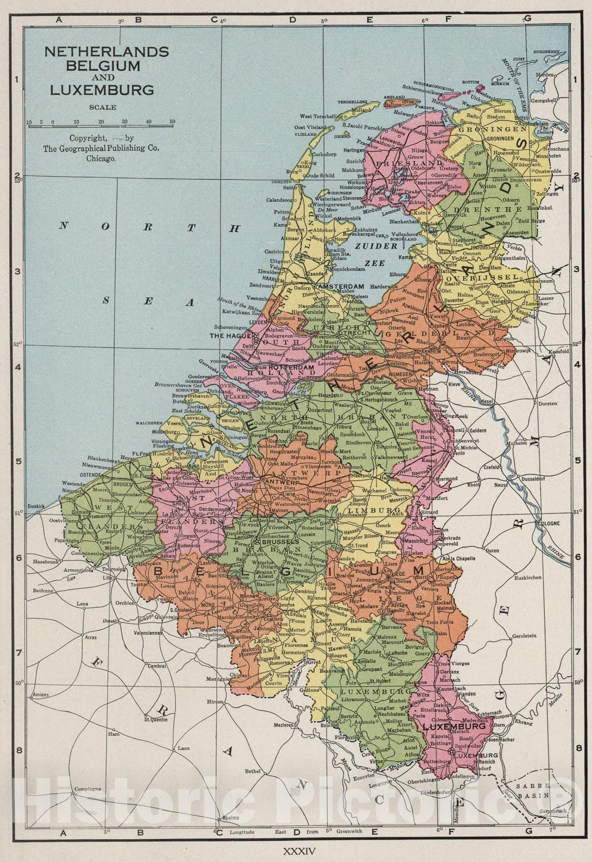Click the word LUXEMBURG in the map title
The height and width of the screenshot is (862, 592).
point(102,89)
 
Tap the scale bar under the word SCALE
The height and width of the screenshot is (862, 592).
point(101,123)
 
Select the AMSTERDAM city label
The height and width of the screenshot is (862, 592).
point(341,287)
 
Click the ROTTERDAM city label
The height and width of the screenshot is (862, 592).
point(291,367)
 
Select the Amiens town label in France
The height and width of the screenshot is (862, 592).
point(40,695)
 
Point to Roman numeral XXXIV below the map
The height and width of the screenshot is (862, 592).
point(296,852)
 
